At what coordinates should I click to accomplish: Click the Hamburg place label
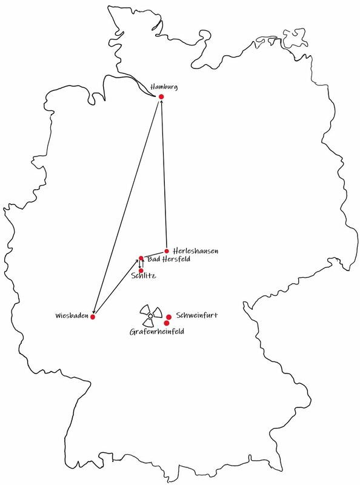tap(164, 87)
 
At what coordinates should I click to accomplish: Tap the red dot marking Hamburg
tap(161, 97)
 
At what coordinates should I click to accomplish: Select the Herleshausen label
tap(196, 250)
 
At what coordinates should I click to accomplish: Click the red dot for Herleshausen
tap(167, 251)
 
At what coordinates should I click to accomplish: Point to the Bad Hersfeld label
tap(168, 259)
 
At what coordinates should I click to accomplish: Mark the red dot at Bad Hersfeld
tap(141, 258)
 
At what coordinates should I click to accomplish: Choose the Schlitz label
tap(144, 276)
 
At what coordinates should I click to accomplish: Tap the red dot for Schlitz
tap(141, 270)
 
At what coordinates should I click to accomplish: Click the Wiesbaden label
tap(72, 316)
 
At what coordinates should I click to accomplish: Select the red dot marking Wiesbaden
tap(93, 316)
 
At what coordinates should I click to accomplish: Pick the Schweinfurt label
tap(197, 315)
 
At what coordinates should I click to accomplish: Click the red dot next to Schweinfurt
tap(169, 317)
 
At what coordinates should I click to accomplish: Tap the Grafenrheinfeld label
tap(157, 332)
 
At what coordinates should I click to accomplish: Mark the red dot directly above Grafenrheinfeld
tap(167, 323)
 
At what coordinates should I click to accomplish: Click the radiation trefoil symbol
tap(151, 316)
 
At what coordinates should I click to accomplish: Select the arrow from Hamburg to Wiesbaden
tap(126, 207)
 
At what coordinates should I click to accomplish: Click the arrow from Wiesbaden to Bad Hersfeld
tap(116, 287)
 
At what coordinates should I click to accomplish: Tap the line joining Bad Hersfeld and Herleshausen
tap(154, 255)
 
